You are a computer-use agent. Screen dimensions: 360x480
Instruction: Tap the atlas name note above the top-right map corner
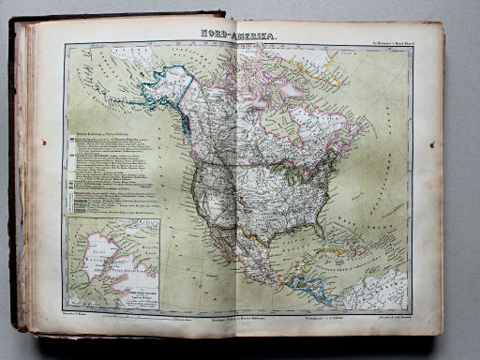(380, 42)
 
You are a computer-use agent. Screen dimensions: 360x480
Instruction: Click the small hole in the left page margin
(43, 142)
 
